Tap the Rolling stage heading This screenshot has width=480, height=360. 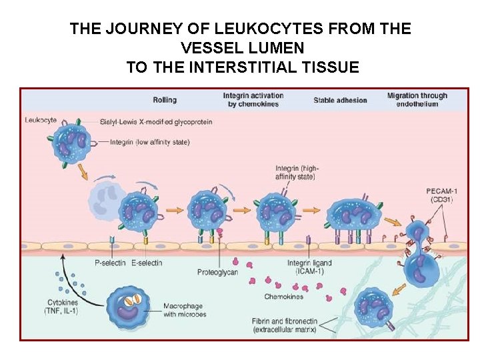pyautogui.click(x=165, y=100)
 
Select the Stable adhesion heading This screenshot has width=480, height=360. pyautogui.click(x=340, y=101)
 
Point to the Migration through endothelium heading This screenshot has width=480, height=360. pyautogui.click(x=417, y=100)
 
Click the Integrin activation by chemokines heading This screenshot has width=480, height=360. pyautogui.click(x=253, y=100)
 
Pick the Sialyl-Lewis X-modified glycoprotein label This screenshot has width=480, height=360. pyautogui.click(x=156, y=122)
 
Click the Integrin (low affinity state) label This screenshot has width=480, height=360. pyautogui.click(x=149, y=142)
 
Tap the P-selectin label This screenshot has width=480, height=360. pyautogui.click(x=111, y=263)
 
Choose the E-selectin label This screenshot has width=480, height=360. pyautogui.click(x=147, y=263)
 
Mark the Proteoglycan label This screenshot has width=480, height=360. pyautogui.click(x=217, y=273)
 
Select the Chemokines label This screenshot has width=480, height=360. pyautogui.click(x=283, y=297)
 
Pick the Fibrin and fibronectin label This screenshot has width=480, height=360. pyautogui.click(x=285, y=326)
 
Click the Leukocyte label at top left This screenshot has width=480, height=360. pyautogui.click(x=41, y=120)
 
